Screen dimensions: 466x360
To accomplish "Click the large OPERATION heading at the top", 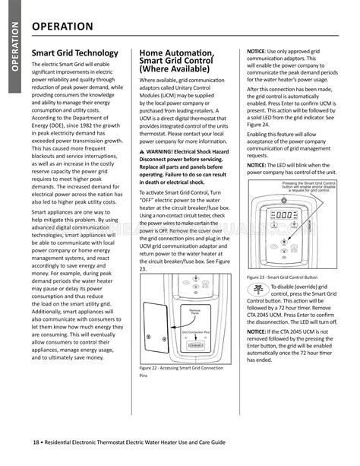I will click(63, 27).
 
